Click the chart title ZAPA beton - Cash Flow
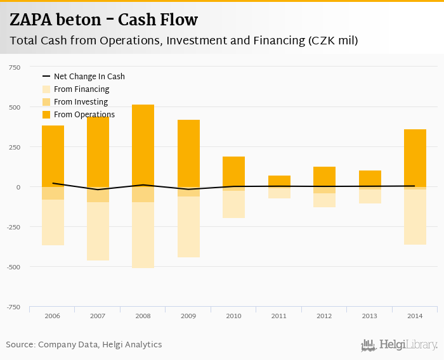coord(103,20)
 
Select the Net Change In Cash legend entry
coord(89,77)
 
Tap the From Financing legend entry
coord(81,89)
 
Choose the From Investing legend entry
coord(81,102)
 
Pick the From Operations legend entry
coord(84,115)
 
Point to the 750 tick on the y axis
coord(13,67)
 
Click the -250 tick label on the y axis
coord(12,227)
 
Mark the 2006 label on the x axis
coord(53,316)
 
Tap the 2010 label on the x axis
coord(233,316)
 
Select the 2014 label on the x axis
coord(415,316)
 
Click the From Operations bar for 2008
coord(143,146)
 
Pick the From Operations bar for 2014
coord(415,158)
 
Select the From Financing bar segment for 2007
coord(98,231)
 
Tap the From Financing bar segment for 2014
coord(415,217)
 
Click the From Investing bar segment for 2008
coord(143,195)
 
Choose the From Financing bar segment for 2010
coord(233,204)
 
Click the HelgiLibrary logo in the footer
coord(399,345)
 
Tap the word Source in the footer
coord(20,345)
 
